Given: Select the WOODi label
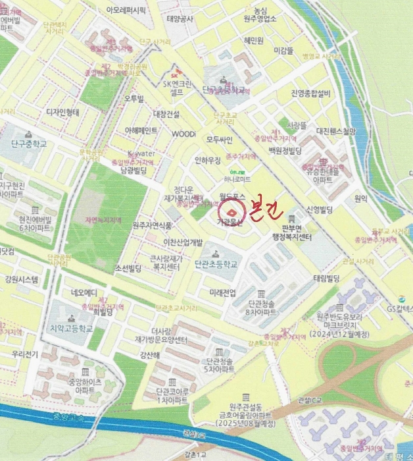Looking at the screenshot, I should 183,134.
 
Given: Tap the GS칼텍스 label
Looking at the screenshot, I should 399,308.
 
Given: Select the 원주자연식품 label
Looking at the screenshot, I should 152,225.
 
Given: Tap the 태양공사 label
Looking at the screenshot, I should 180,19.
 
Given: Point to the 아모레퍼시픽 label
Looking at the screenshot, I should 126,11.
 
